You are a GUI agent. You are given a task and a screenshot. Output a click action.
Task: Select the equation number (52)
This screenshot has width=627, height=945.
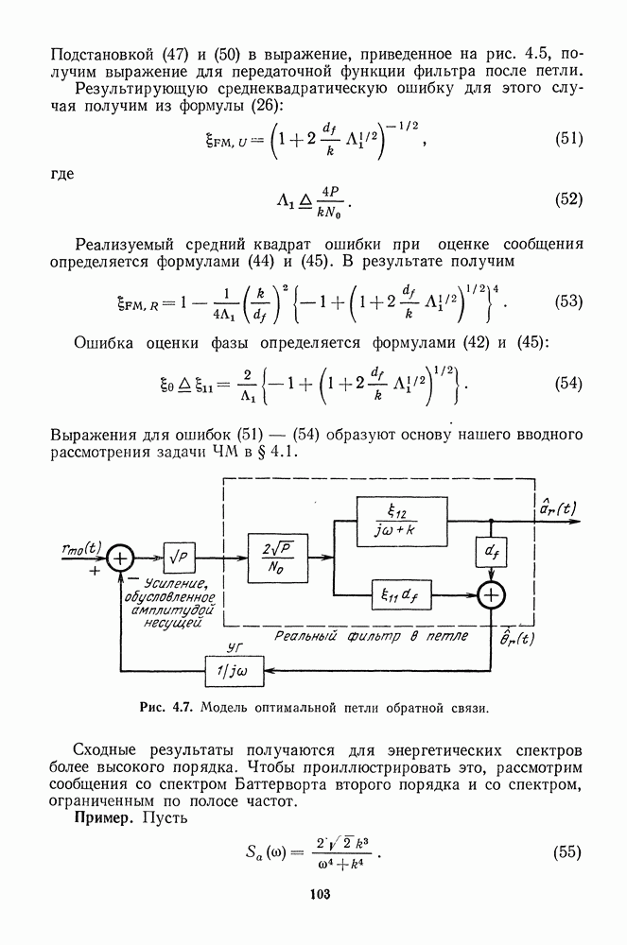point(566,200)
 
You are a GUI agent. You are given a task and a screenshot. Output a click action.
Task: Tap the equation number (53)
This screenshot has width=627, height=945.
point(566,302)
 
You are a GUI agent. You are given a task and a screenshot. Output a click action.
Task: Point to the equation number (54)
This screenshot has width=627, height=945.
point(566,386)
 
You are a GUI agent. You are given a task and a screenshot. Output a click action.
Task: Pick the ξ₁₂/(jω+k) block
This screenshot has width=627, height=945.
point(395,521)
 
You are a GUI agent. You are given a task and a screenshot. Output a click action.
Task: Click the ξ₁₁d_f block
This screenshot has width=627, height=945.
point(395,594)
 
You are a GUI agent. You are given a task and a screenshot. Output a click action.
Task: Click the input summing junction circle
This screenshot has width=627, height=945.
point(120,558)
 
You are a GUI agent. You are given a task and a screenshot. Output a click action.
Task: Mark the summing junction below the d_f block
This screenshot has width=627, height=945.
point(491,595)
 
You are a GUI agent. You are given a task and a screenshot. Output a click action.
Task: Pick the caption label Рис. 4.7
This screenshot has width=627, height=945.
point(165,706)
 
